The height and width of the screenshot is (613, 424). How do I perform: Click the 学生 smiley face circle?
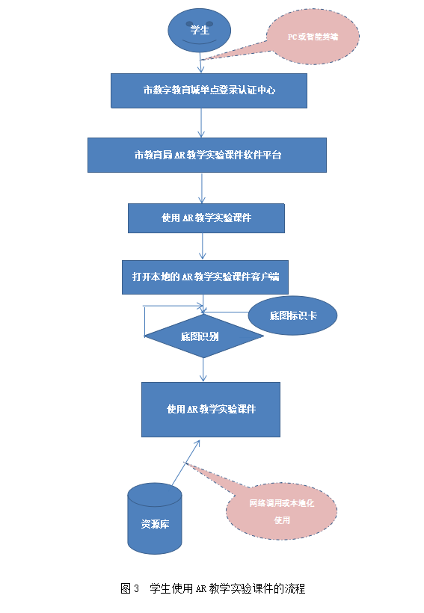point(200,30)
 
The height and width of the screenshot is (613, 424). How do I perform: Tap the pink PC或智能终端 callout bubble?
point(313,37)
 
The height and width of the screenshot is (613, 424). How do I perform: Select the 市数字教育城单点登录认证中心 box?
point(209,90)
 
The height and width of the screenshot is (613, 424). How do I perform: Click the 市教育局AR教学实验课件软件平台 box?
point(207,155)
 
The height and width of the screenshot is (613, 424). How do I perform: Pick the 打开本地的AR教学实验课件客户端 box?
point(205,277)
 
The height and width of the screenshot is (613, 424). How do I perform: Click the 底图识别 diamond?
point(204,336)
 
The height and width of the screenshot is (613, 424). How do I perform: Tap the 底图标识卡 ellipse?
point(292,315)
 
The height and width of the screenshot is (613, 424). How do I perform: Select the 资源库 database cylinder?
point(155,519)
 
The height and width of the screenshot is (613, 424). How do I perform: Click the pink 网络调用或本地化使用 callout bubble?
point(282,511)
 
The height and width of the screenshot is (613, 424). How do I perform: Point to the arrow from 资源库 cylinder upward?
point(185,463)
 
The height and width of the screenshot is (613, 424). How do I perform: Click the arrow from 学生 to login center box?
point(200,63)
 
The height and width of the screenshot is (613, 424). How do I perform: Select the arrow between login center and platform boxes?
point(201,123)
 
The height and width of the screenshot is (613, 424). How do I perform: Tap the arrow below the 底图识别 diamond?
point(203,370)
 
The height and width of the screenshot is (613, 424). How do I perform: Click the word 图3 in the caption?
point(129,588)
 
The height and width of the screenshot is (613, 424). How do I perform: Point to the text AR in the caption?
point(200,589)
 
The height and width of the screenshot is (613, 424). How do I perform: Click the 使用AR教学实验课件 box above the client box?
point(206,218)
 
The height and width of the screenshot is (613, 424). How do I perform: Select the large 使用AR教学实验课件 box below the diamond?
point(211,410)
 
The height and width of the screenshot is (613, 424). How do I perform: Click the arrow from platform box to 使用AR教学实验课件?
point(202,188)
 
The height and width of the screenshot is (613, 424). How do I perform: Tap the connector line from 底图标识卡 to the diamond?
point(226,312)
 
